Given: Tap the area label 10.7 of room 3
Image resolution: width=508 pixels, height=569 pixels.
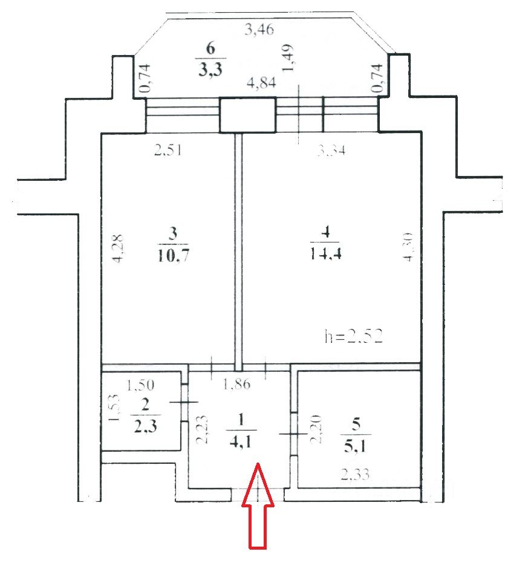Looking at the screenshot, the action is [172, 253].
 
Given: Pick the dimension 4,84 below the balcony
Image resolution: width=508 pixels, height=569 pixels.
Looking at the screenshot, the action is [261, 84].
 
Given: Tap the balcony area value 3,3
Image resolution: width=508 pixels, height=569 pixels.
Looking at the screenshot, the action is [210, 69].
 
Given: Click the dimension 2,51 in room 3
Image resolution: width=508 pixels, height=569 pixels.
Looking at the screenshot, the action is [168, 151].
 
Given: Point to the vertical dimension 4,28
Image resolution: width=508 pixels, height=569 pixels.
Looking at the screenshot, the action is [119, 247].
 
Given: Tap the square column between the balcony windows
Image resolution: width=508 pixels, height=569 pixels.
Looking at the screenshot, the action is [247, 115].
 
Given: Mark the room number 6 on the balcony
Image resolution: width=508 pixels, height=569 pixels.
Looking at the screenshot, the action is [210, 48].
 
